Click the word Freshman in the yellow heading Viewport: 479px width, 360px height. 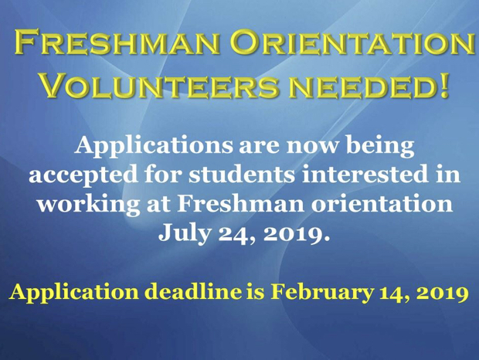click(x=117, y=42)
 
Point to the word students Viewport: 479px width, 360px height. click(x=242, y=175)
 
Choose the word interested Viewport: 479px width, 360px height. click(x=365, y=175)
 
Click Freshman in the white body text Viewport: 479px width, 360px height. click(x=240, y=203)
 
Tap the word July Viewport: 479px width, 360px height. click(x=184, y=234)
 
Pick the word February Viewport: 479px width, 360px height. click(x=321, y=293)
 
